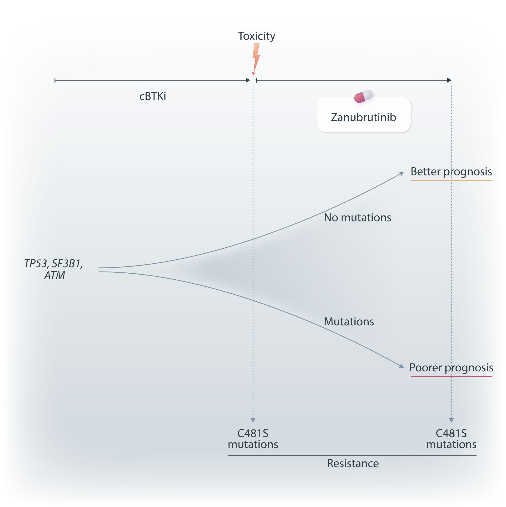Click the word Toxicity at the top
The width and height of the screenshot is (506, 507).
[x=256, y=36]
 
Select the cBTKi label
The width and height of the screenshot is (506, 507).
[x=153, y=97]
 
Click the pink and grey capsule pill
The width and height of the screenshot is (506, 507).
[x=363, y=96]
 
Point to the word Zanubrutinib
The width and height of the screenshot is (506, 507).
[x=363, y=117]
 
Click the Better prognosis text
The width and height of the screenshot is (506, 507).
[x=451, y=172]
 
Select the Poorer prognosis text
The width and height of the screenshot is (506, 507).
[x=451, y=368]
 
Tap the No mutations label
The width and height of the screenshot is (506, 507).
[x=357, y=218]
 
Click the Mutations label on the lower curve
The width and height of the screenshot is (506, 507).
[x=349, y=322]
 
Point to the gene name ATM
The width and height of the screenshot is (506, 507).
[x=55, y=276]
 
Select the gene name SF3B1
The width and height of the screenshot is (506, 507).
[x=67, y=263]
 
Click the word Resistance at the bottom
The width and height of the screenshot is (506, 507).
[x=353, y=463]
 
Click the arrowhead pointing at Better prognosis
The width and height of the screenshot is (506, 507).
[x=401, y=174]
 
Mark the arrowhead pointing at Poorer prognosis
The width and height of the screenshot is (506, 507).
[x=401, y=366]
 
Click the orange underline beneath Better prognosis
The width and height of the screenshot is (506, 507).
[x=451, y=180]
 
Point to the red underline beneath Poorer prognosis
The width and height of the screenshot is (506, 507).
[x=451, y=376]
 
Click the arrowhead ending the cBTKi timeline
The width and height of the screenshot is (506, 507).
[x=248, y=80]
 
